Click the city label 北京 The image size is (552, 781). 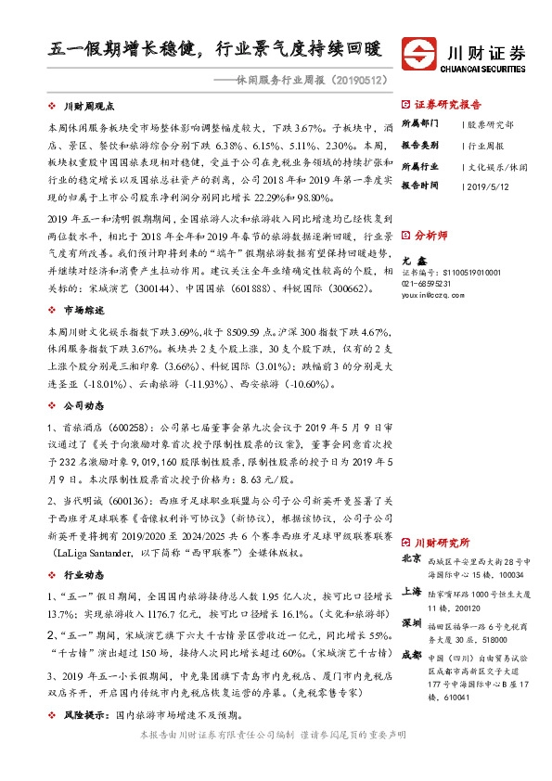coord(411,559)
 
